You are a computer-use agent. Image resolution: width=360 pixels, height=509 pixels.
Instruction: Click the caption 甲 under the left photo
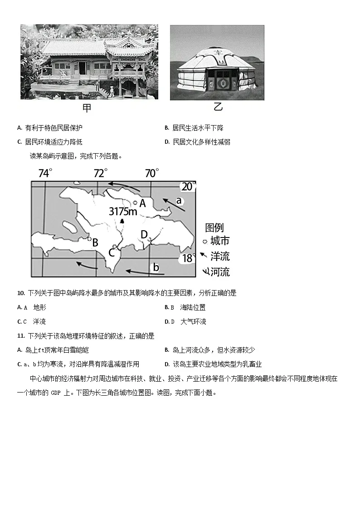coord(87,108)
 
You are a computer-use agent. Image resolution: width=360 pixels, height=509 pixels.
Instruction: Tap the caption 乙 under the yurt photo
coord(218,107)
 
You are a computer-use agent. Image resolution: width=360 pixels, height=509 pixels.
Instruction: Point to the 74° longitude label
coord(45,173)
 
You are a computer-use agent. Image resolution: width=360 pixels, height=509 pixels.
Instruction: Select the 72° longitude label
coord(101,173)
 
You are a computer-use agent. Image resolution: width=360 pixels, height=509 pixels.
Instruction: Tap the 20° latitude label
coord(189,187)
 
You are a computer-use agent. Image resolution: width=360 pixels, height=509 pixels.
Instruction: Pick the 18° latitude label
coord(188,258)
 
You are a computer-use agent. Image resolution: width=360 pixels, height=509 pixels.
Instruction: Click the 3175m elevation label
coord(123,211)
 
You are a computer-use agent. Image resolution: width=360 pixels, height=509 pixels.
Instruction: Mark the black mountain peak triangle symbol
coord(122,222)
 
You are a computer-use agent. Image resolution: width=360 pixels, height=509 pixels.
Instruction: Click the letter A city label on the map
coord(142,204)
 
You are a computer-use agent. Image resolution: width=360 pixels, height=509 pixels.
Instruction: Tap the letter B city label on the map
coord(95,243)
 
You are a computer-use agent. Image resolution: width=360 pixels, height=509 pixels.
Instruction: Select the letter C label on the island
coord(111,253)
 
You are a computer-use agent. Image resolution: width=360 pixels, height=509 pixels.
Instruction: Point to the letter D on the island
coord(144,235)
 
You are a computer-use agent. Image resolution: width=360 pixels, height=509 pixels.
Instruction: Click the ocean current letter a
coord(179,200)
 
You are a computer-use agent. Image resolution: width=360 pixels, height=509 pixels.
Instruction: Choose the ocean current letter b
coord(156,267)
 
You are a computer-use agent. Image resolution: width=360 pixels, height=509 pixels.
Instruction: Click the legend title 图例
coord(214,228)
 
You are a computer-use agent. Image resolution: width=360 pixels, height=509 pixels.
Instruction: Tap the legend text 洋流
coord(220,257)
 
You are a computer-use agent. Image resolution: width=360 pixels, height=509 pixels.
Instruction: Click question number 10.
coord(20,293)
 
